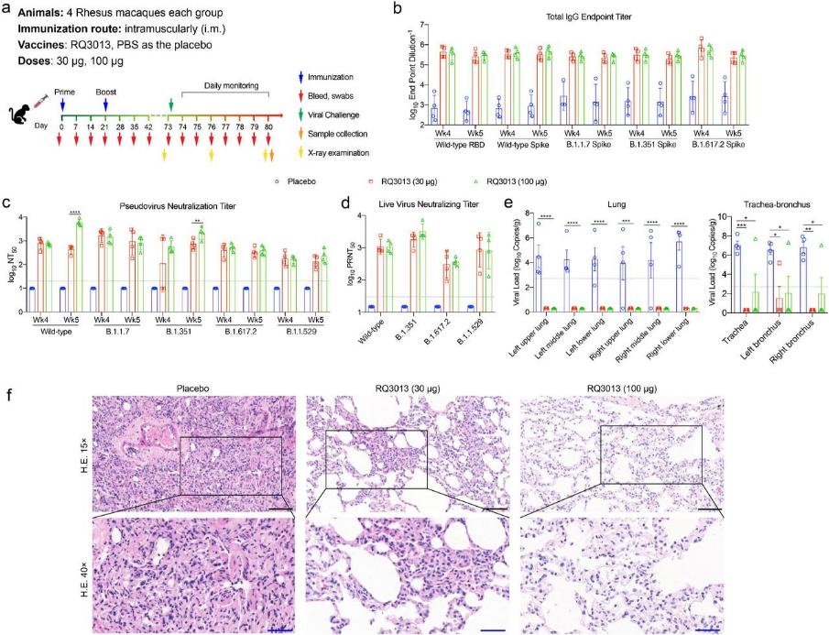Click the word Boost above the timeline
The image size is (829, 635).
click(x=105, y=93)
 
